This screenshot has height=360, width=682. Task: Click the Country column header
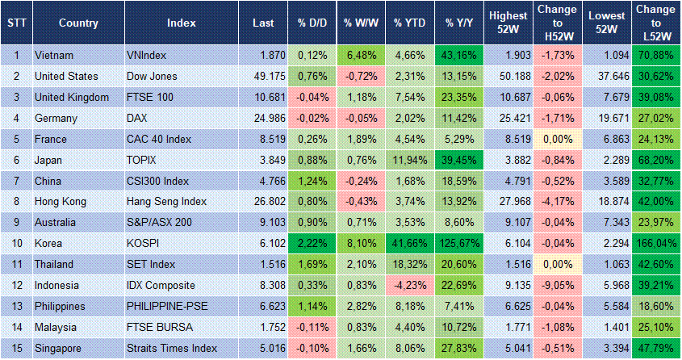[78, 22]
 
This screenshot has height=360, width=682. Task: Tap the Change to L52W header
[656, 22]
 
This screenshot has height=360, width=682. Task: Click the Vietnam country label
[55, 55]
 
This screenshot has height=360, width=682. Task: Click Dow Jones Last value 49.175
[267, 76]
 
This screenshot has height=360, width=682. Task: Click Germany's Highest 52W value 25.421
[508, 118]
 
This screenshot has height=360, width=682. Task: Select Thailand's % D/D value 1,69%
[311, 265]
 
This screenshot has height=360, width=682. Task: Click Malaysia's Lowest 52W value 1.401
[608, 328]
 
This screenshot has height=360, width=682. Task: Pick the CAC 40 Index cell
[159, 139]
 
